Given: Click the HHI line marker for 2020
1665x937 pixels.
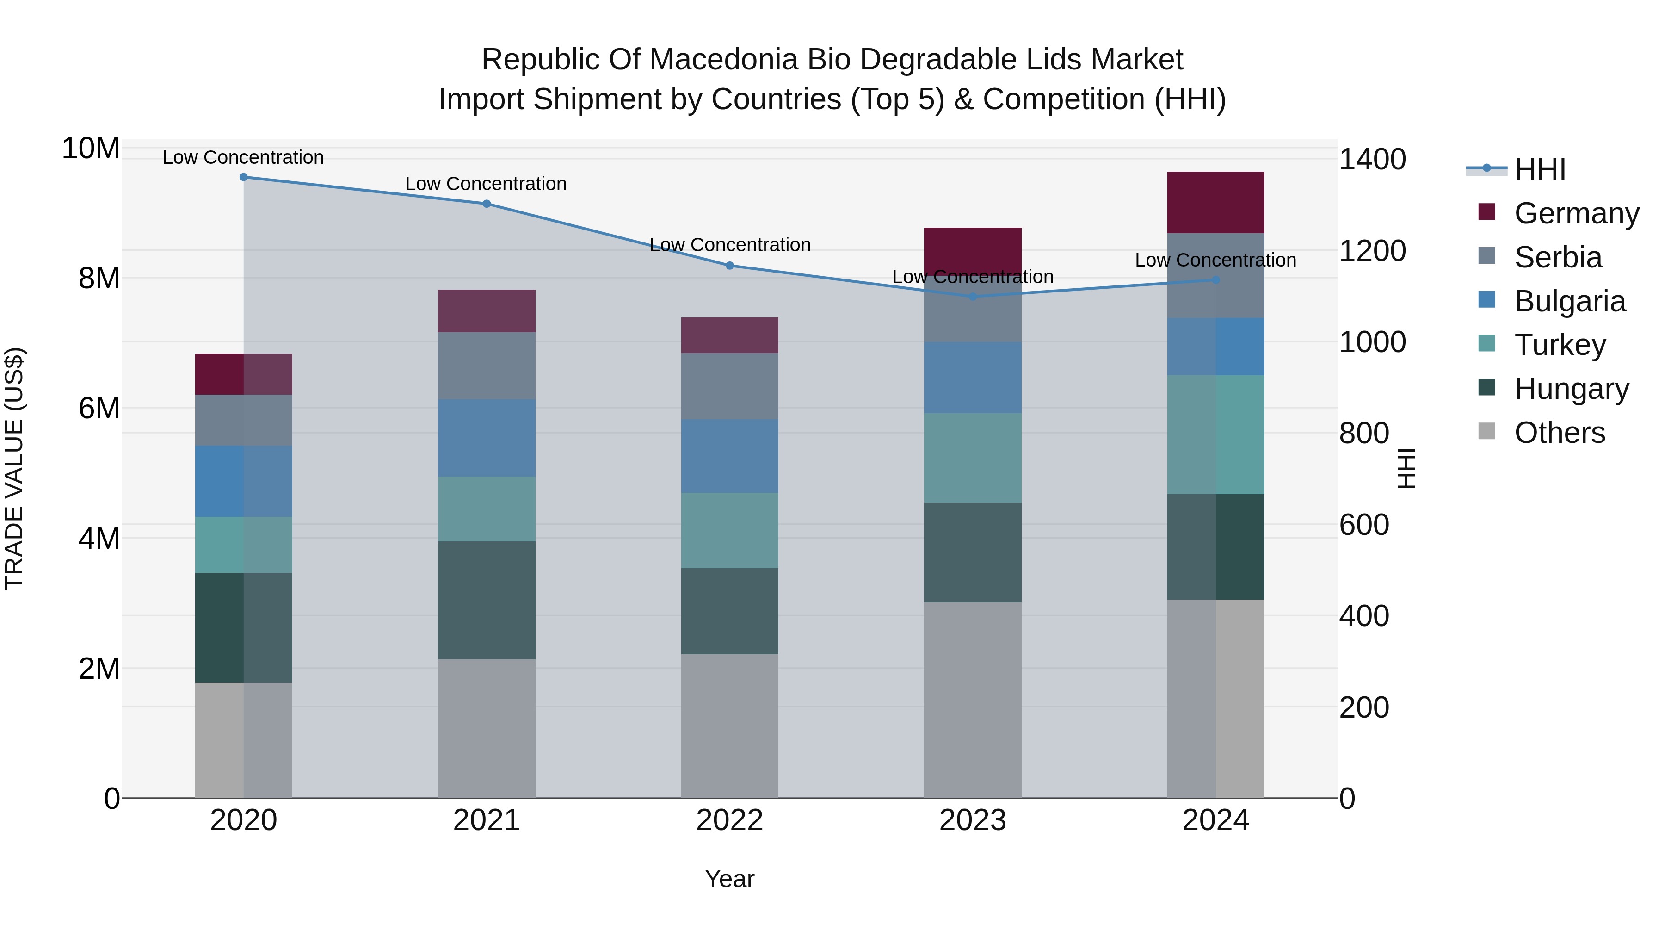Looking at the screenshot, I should coord(244,177).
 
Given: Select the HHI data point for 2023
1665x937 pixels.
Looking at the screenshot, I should coord(973,297).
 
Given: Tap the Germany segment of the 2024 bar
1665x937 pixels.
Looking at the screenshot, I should coord(1215,202).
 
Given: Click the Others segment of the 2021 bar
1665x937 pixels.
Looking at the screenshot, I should coord(486,728).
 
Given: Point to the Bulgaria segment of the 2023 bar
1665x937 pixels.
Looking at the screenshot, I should coord(972,378).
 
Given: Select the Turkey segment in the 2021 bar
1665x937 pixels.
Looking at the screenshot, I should coord(486,509).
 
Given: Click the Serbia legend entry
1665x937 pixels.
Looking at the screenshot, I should coord(1558,257).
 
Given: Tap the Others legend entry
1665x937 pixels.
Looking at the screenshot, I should coord(1559,433).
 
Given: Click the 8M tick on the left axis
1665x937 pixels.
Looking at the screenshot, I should coord(98,279).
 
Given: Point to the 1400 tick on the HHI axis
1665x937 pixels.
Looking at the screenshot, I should coord(1372,160).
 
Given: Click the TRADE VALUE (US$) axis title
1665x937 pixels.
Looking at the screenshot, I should coord(14,468).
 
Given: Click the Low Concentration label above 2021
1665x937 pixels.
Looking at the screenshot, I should coord(486,184).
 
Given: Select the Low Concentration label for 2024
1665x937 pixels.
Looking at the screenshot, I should coord(1215,260).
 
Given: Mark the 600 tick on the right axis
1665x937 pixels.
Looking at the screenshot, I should coord(1364,525).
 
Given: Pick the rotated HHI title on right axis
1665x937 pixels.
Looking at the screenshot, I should coord(1406,468).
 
